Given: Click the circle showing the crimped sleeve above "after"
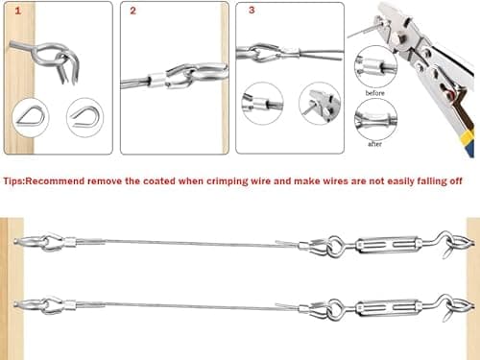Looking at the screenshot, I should click(375, 121).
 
